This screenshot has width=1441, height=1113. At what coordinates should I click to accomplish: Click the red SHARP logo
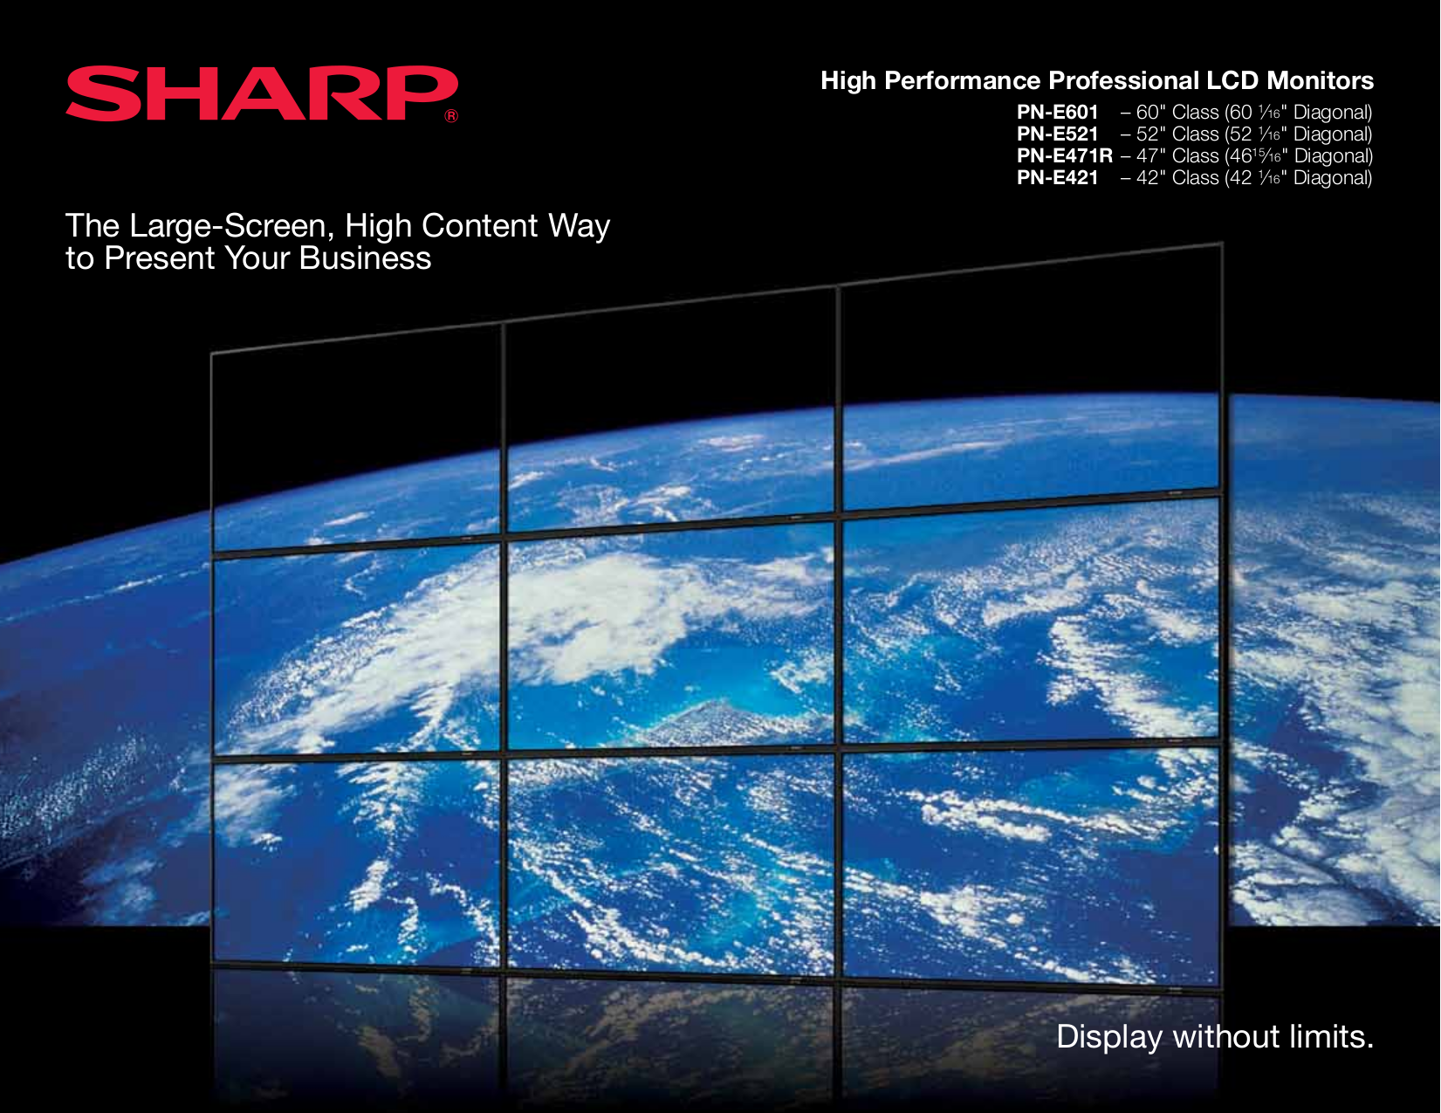coord(260,93)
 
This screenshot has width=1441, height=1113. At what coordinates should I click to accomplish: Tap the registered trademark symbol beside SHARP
coord(451,116)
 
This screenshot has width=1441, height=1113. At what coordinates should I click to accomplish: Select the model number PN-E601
coord(1057,113)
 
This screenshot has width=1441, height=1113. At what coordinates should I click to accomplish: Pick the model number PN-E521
coord(1057,134)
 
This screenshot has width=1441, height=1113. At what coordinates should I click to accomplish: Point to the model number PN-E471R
coord(1064,156)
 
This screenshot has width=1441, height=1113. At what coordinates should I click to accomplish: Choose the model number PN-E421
coord(1057,178)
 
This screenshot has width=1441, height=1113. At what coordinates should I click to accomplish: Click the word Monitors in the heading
coord(1320,81)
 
